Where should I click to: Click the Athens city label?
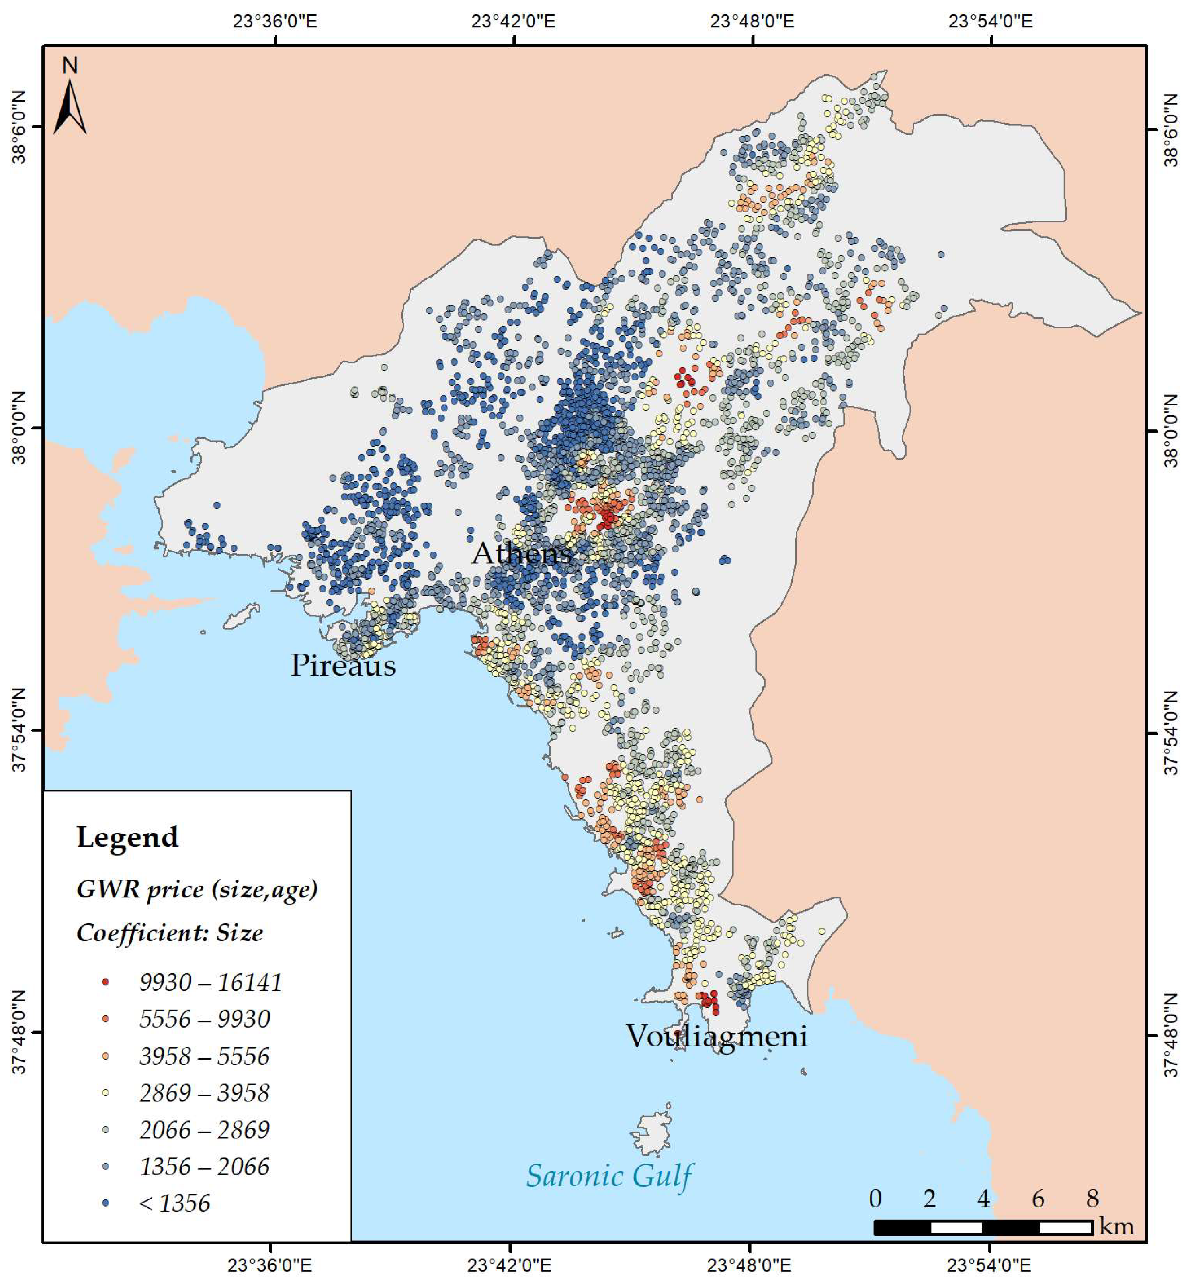tap(522, 552)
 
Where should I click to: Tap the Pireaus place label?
tap(343, 665)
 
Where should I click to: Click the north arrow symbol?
tap(70, 103)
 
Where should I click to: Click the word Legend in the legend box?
tap(127, 837)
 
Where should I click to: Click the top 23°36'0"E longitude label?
tap(275, 21)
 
